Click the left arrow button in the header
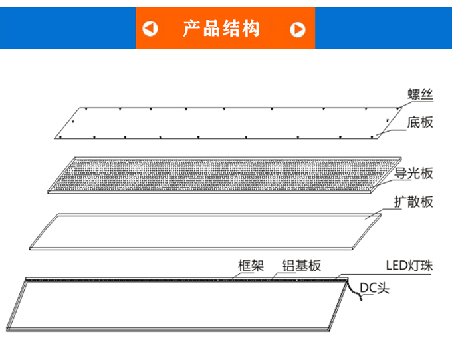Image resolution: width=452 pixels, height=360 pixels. [x=151, y=29]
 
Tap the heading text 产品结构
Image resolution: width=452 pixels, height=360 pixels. [x=222, y=29]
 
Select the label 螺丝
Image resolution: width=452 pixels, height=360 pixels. [x=420, y=94]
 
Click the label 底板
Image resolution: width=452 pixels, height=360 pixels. [x=420, y=122]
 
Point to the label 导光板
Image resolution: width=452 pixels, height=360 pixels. [x=414, y=174]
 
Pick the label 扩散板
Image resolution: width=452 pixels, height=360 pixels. [x=413, y=202]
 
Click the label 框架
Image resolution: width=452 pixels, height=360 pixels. [x=251, y=266]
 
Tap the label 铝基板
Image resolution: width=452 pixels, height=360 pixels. [x=301, y=266]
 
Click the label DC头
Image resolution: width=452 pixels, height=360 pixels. [x=374, y=287]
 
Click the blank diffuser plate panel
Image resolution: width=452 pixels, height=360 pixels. [x=199, y=230]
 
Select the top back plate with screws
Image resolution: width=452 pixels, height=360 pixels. [x=219, y=123]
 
